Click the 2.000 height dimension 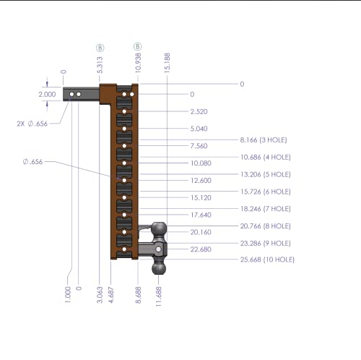click(x=47, y=94)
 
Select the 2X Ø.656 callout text click(x=32, y=124)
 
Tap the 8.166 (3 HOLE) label click(x=264, y=140)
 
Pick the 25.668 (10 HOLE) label click(x=267, y=260)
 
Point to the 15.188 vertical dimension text click(x=167, y=63)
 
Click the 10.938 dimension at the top click(x=138, y=63)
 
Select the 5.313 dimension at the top click(x=100, y=65)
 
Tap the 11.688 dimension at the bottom click(x=159, y=296)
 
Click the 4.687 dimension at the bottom click(x=111, y=295)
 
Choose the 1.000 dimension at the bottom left click(x=68, y=295)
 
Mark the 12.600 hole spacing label click(x=201, y=181)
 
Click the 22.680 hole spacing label click(x=201, y=249)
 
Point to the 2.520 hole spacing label click(x=199, y=111)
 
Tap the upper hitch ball click(x=159, y=228)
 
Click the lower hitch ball click(x=159, y=268)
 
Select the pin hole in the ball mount click(x=158, y=249)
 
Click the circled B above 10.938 click(x=138, y=46)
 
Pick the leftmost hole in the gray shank click(x=71, y=94)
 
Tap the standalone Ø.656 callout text click(x=32, y=162)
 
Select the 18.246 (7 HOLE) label click(x=266, y=209)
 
